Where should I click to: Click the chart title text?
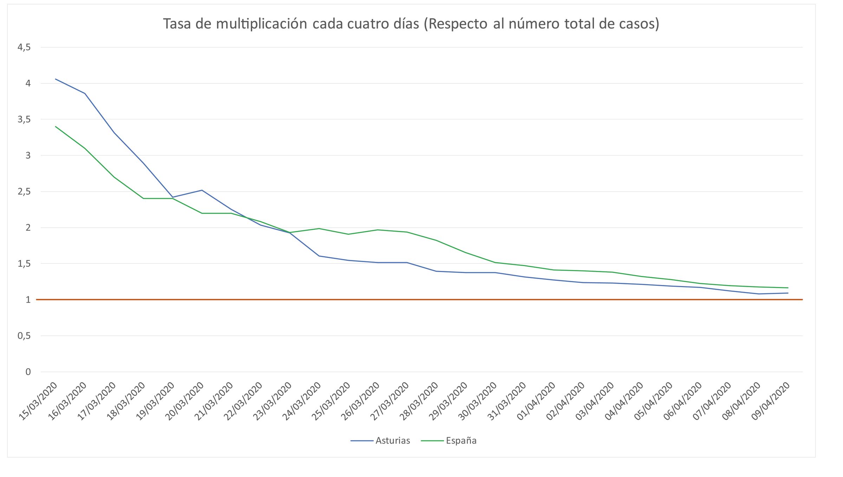point(411,24)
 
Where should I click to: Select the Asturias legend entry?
point(392,440)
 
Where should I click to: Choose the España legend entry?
point(461,440)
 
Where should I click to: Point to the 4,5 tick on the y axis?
point(24,47)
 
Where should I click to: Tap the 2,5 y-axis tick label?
point(24,192)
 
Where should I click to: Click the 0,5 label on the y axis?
point(24,336)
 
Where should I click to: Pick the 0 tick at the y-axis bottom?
point(28,372)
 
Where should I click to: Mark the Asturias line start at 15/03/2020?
point(55,79)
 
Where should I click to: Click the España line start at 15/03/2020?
point(55,126)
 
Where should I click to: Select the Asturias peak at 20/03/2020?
point(202,190)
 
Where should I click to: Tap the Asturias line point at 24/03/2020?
point(319,256)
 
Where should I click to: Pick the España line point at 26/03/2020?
point(378,230)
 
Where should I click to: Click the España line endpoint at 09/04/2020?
point(788,288)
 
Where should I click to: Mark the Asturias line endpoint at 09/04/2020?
point(788,293)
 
